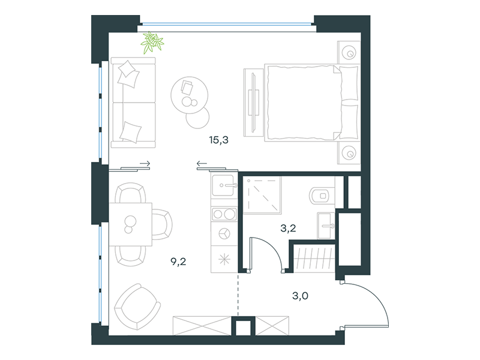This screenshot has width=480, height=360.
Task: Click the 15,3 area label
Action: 218,140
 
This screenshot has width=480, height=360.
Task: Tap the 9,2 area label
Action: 178,262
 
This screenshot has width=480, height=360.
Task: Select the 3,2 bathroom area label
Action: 288,228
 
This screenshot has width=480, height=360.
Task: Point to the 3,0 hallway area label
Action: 301,296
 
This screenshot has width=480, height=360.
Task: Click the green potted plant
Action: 152,42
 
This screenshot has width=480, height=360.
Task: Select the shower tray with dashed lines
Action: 262,195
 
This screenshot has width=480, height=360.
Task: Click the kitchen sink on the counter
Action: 224,185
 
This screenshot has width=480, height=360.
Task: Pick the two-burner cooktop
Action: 224,214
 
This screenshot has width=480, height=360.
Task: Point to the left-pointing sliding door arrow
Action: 202,163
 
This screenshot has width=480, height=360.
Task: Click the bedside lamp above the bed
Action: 349,52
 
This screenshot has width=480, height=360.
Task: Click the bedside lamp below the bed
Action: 349,152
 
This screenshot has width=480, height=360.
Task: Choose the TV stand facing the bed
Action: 253,102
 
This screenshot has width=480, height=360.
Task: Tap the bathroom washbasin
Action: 326,226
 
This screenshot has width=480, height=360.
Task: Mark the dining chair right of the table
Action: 162,224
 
